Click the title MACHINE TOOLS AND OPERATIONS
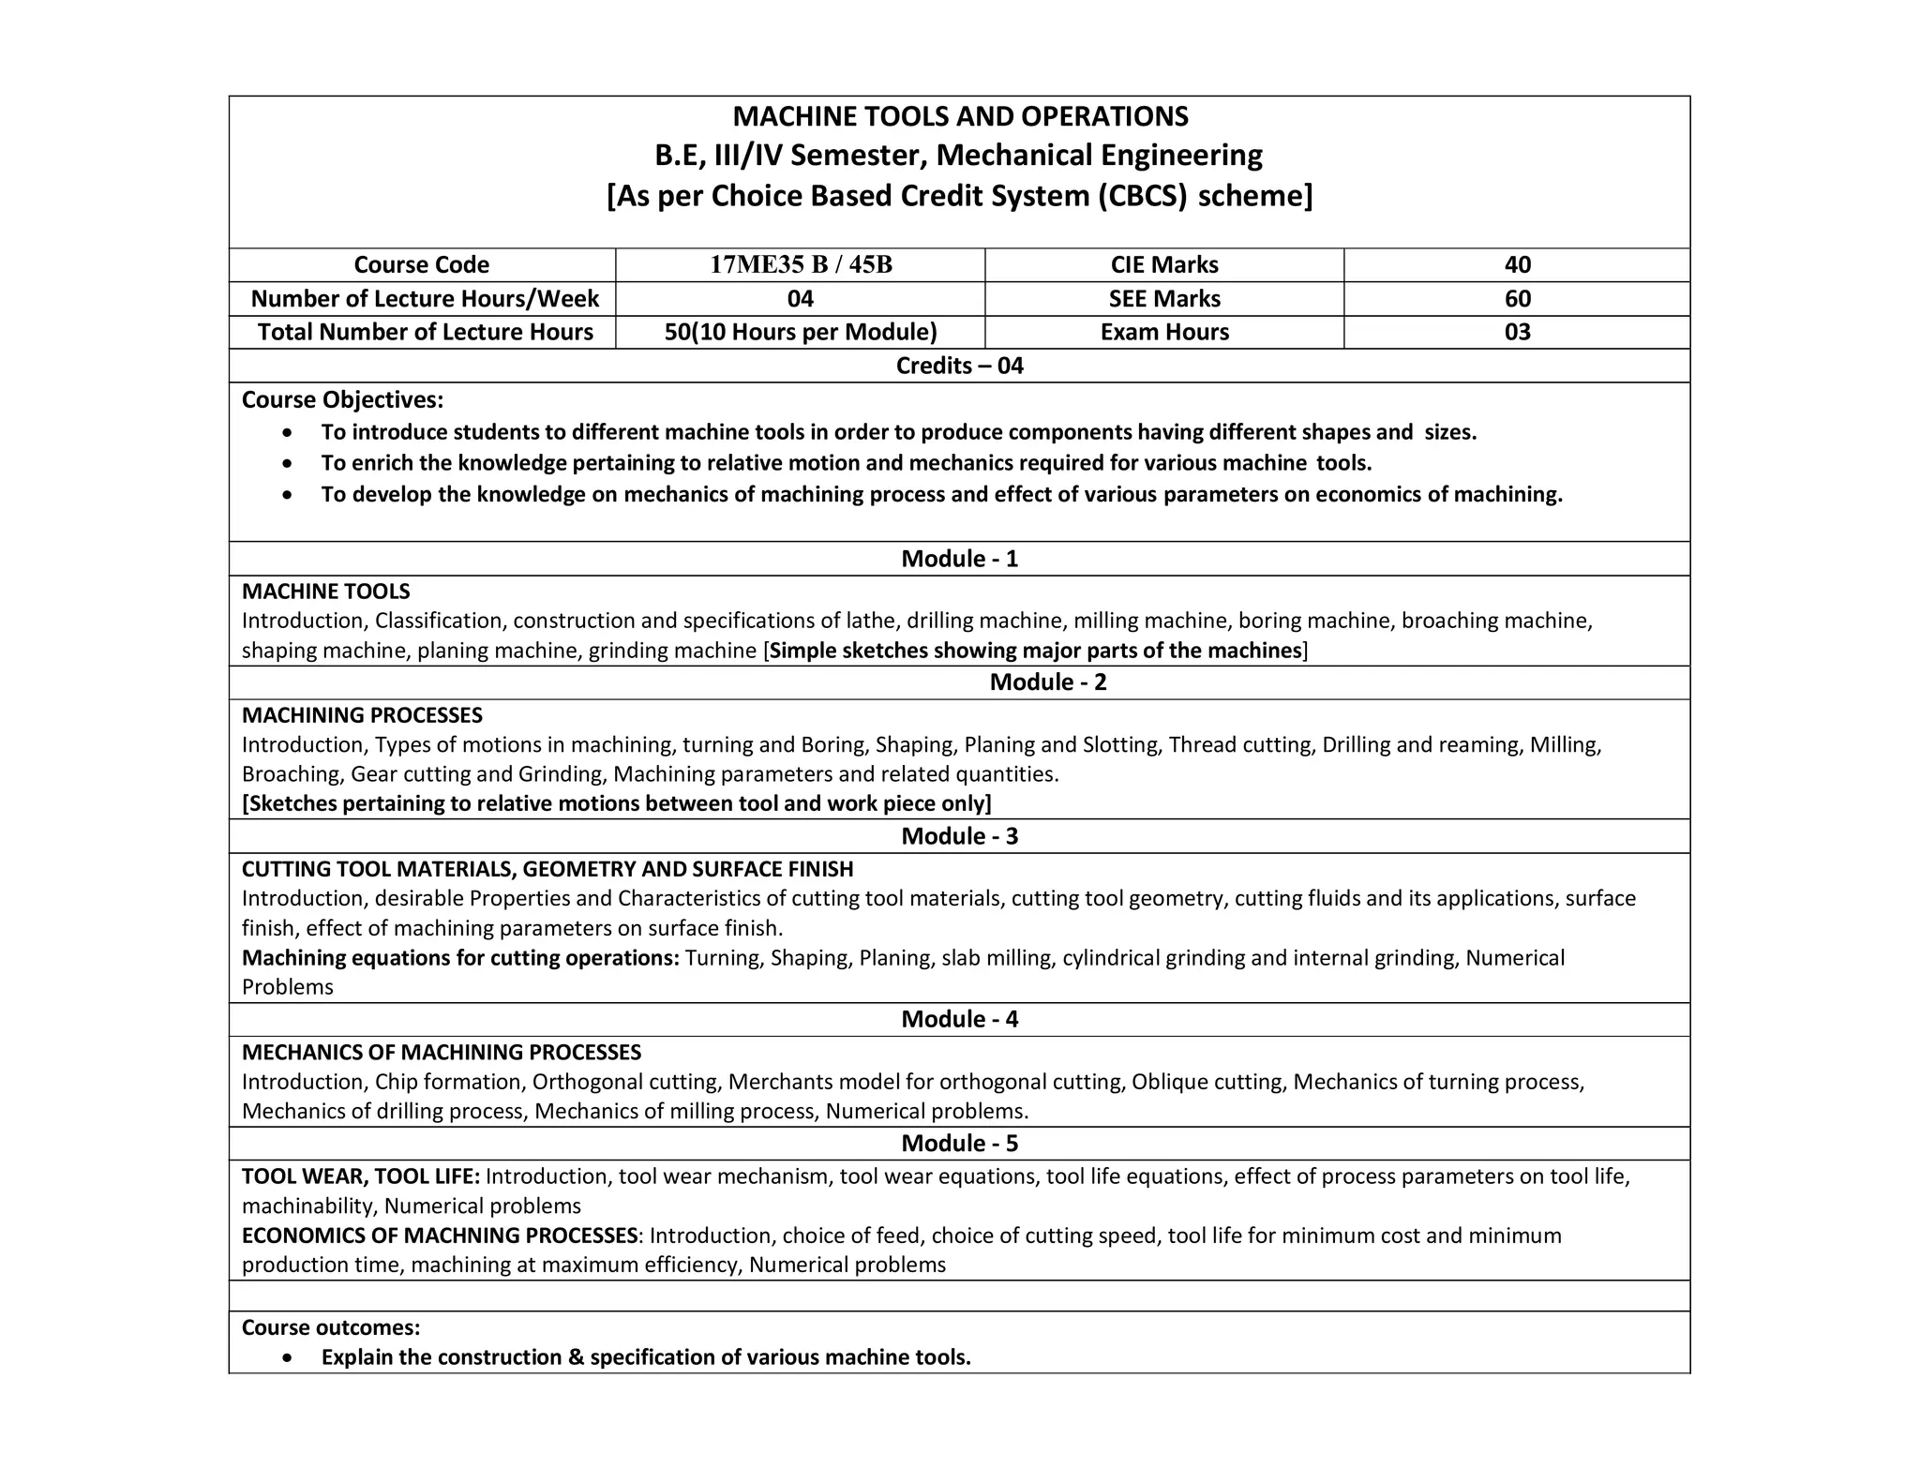point(959,116)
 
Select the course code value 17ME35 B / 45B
point(800,265)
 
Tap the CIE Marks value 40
point(1517,265)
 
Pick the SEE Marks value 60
point(1517,299)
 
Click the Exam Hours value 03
point(1517,332)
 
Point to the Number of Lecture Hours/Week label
point(424,299)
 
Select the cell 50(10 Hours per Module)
point(800,332)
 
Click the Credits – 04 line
point(959,366)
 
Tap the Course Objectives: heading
point(342,400)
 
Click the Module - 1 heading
point(959,559)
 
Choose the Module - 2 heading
point(1047,682)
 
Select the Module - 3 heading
point(959,836)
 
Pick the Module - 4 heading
point(959,1019)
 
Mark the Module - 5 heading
point(959,1144)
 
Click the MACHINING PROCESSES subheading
point(362,715)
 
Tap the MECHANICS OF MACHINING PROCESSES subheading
point(441,1053)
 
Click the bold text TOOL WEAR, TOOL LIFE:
point(361,1176)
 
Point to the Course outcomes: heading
point(331,1327)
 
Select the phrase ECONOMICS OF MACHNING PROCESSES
point(439,1236)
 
